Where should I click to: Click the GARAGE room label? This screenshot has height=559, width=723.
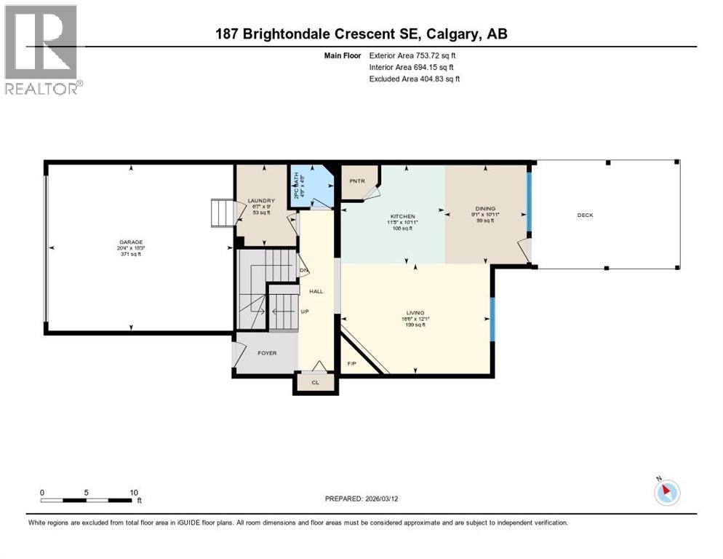pos(132,242)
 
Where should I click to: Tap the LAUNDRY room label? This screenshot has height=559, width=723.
pos(260,201)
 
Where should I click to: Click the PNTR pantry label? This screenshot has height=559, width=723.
pos(356,181)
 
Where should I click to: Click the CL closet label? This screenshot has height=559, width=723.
pos(316,382)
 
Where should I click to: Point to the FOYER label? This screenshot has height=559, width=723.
pos(267,353)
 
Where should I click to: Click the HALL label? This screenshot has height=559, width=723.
pos(316,291)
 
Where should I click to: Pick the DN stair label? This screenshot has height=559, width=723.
pos(303,270)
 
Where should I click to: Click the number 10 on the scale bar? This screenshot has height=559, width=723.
pos(134,492)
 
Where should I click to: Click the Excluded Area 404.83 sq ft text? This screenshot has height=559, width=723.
pos(415,79)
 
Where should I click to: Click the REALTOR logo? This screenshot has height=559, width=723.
pos(42,49)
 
